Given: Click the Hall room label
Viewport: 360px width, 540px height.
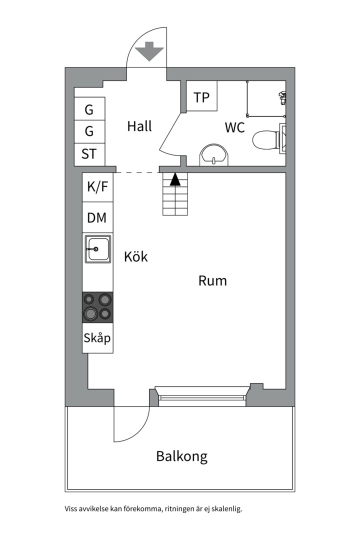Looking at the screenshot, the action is pyautogui.click(x=139, y=126).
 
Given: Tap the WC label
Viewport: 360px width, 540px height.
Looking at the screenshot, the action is pyautogui.click(x=234, y=127).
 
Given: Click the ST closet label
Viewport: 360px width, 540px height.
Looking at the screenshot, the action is pyautogui.click(x=89, y=153).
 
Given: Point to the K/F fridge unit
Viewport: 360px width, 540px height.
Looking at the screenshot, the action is pyautogui.click(x=97, y=187).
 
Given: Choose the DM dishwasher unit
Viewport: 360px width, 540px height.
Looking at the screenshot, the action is pyautogui.click(x=97, y=217).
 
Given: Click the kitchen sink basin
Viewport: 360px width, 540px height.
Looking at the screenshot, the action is pyautogui.click(x=98, y=249).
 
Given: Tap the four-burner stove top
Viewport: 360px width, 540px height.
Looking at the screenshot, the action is pyautogui.click(x=97, y=307).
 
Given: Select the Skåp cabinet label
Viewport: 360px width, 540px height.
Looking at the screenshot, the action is pyautogui.click(x=97, y=338).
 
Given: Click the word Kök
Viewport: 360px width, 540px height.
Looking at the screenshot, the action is pyautogui.click(x=135, y=256).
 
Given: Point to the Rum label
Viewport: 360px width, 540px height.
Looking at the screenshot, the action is pyautogui.click(x=212, y=280).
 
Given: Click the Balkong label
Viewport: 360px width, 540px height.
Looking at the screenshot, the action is pyautogui.click(x=182, y=456).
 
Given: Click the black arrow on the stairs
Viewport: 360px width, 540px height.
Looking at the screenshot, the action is pyautogui.click(x=175, y=179).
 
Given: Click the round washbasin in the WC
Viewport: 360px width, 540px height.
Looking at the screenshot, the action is pyautogui.click(x=214, y=155).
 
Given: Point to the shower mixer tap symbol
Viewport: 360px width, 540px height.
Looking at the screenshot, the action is pyautogui.click(x=282, y=97).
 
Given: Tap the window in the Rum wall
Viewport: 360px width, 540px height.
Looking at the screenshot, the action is pyautogui.click(x=202, y=395).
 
